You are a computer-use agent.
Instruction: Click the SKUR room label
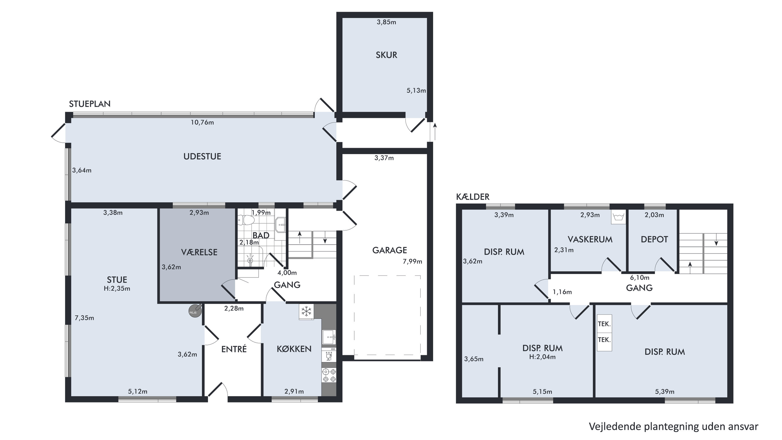coord(386,55)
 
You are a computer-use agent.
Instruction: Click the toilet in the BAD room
coord(246,220)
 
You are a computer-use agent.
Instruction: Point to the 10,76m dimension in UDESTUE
coord(202,122)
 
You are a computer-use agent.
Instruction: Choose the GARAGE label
coord(390,250)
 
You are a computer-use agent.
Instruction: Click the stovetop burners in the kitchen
coord(329,375)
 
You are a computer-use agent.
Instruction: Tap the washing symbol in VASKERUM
coord(618,217)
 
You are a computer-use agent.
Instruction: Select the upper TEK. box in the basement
coord(604,324)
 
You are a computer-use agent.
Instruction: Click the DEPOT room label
coord(654,239)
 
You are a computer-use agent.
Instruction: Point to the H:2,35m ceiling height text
coord(117,288)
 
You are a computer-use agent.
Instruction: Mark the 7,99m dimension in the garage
coord(412,261)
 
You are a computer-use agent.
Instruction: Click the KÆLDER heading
coord(473,197)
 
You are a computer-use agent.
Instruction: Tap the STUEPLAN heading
coord(89,104)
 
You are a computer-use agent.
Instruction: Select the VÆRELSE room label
coord(199,252)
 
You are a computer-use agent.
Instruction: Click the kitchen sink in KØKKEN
coord(329,337)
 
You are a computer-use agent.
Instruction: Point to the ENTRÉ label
coord(234,349)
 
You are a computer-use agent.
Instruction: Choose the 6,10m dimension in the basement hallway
coord(640,278)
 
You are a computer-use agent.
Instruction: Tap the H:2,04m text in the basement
coord(542,357)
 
